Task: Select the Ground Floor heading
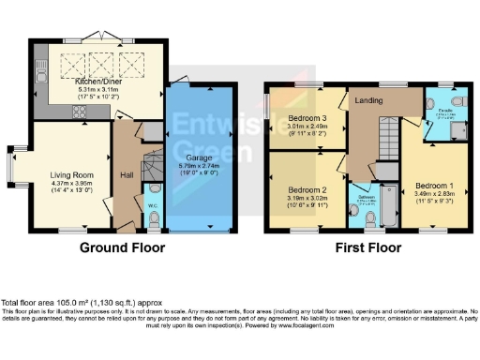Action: (122, 248)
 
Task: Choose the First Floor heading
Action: (370, 248)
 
